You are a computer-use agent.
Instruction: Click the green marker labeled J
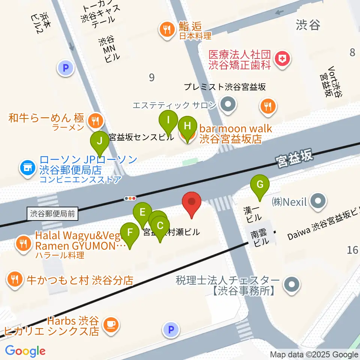[100, 142]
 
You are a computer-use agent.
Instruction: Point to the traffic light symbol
[130, 198]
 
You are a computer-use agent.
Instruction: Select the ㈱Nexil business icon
[318, 202]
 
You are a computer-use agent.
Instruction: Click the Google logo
[25, 351]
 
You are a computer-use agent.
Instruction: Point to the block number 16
[352, 249]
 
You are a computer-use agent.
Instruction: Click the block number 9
[151, 78]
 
